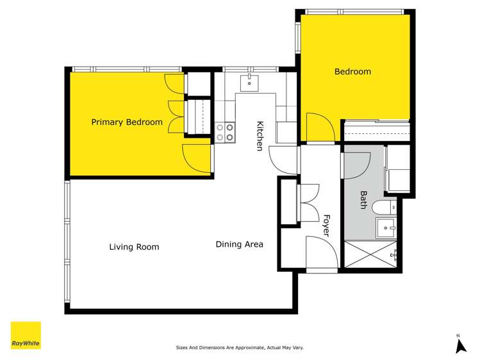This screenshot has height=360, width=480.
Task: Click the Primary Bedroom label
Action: [126, 122]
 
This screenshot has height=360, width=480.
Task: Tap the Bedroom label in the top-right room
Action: [352, 72]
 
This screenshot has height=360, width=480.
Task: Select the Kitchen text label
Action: [260, 136]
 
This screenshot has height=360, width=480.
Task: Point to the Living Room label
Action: [134, 247]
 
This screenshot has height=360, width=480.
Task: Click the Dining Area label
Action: [239, 244]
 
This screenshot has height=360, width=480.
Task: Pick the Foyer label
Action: [326, 225]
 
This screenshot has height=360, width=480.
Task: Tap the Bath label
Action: [363, 200]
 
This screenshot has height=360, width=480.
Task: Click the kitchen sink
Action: [249, 82]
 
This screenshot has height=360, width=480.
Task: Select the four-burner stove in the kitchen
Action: [224, 132]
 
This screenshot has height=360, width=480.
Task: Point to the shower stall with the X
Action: [370, 254]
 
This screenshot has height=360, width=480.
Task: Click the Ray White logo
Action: [26, 336]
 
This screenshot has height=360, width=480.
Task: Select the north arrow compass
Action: [459, 345]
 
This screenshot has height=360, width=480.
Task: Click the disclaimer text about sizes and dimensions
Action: [240, 348]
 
